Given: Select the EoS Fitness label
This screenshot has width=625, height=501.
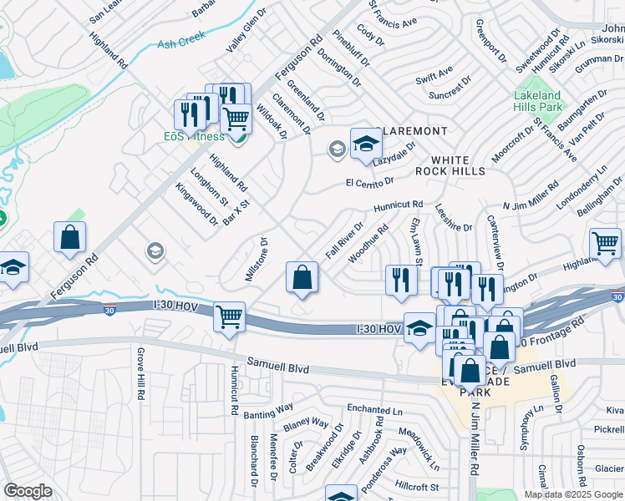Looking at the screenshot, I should [193, 136].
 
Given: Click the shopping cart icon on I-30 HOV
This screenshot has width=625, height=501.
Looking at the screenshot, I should [229, 318].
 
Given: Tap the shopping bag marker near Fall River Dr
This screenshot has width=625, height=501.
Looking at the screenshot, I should [302, 278].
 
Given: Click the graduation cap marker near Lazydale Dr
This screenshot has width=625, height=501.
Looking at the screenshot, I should [365, 144].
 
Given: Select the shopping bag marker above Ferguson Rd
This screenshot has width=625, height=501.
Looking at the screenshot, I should [70, 237].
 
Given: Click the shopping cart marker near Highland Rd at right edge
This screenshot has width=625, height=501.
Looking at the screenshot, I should [606, 244].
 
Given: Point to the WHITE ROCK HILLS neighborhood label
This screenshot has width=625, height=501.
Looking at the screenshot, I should [458, 164].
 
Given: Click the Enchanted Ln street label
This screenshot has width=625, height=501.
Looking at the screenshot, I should [375, 410].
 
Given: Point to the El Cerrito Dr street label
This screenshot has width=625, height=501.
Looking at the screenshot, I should [369, 182].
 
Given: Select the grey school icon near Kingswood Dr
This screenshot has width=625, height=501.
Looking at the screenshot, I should [155, 250].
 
